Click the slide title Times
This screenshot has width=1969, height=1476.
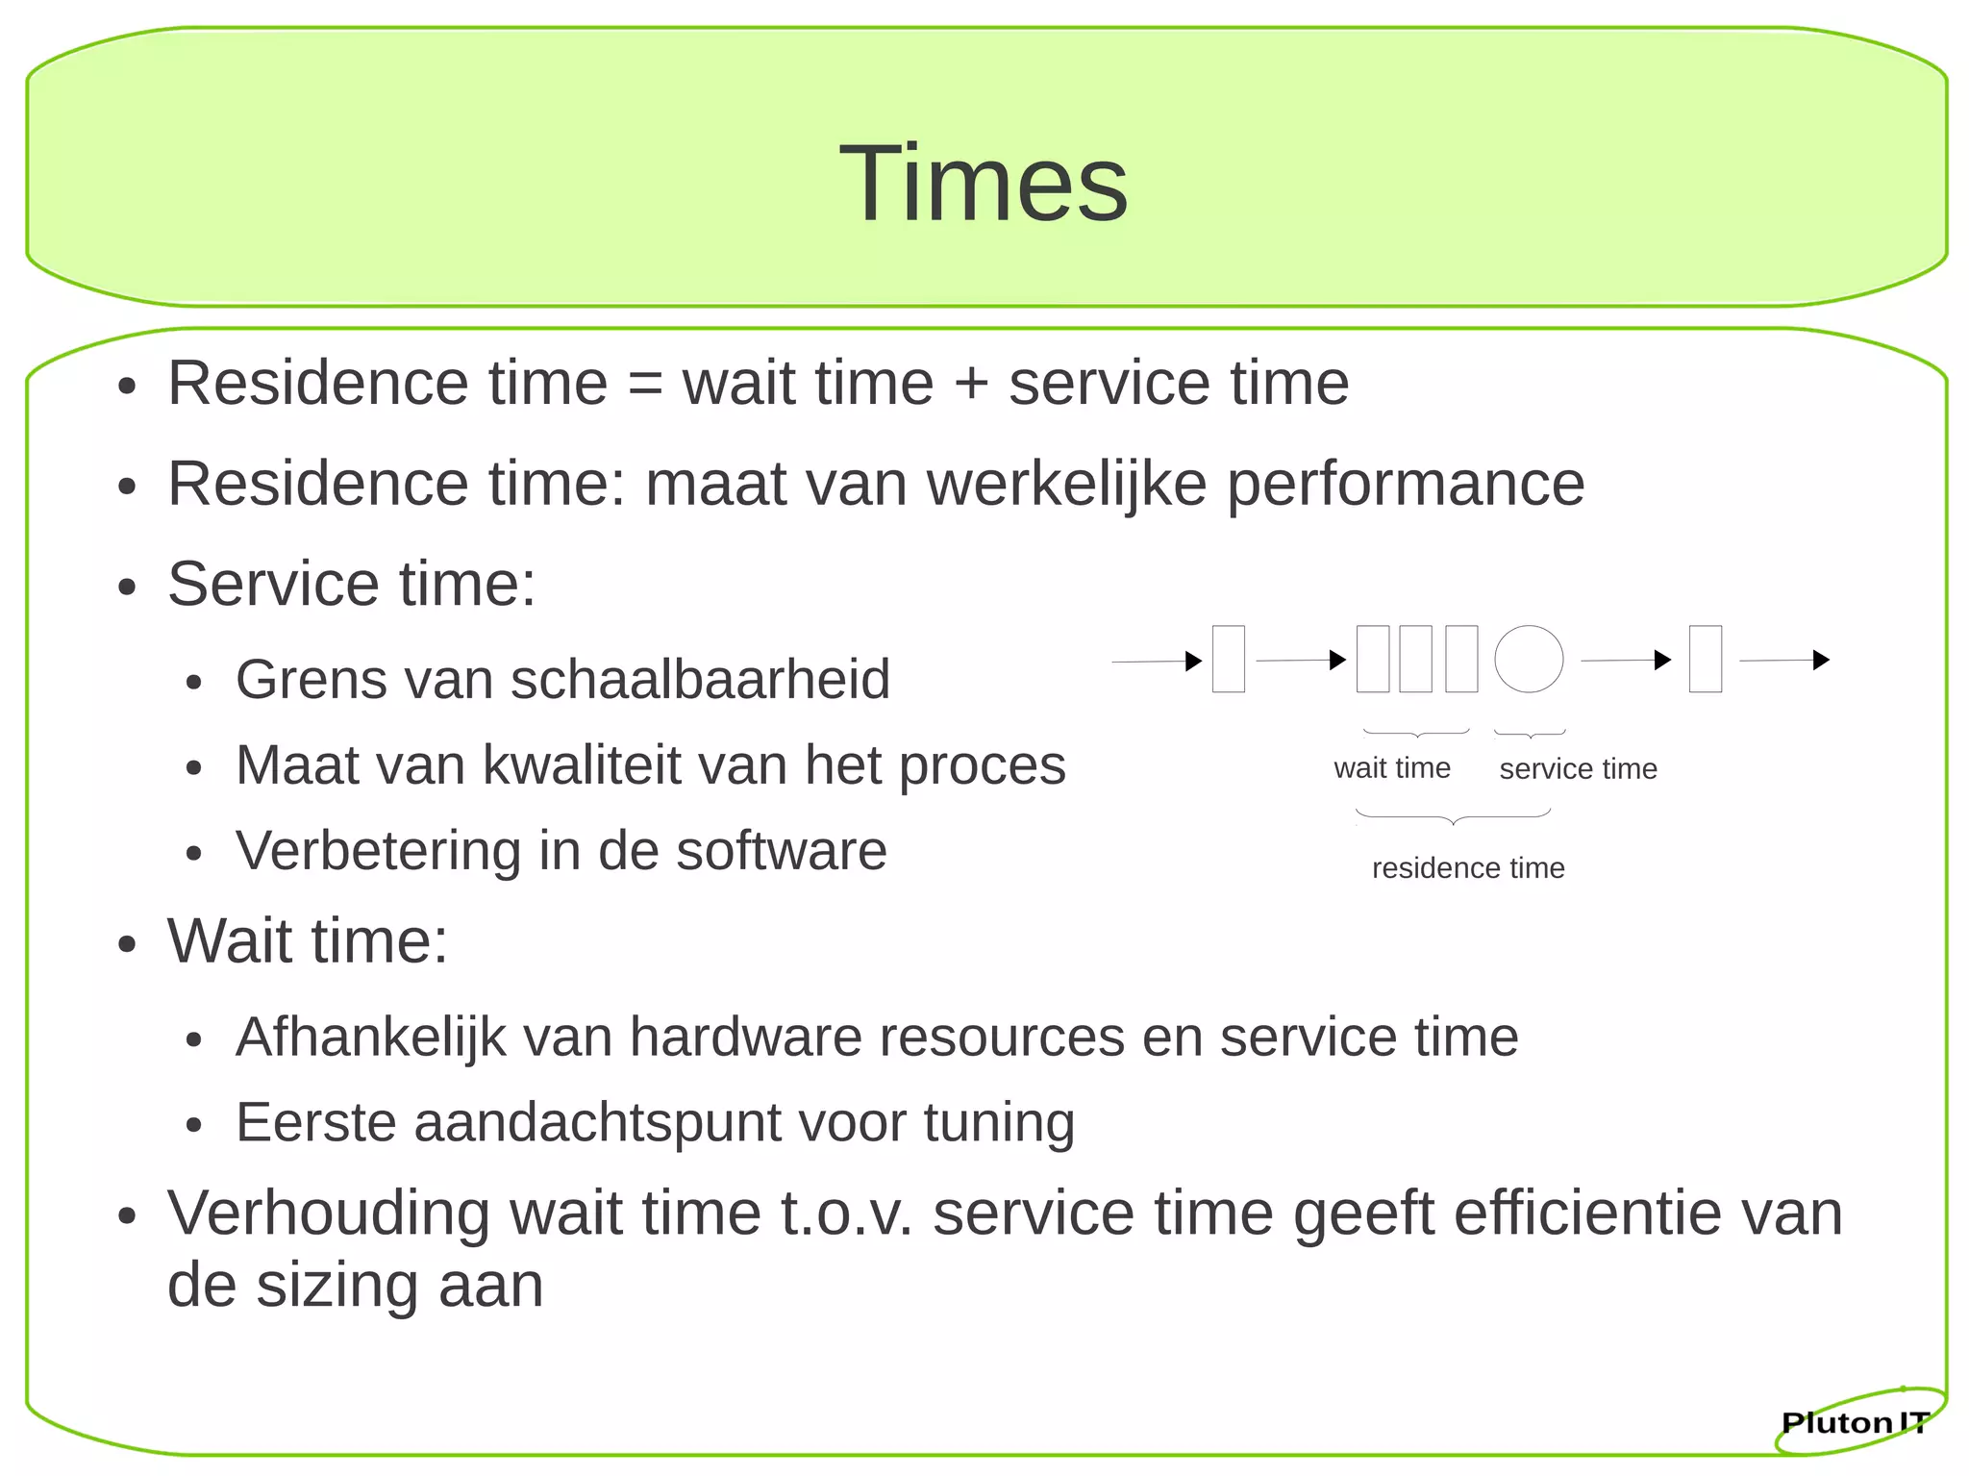pyautogui.click(x=984, y=183)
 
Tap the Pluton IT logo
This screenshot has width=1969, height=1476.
pyautogui.click(x=1855, y=1422)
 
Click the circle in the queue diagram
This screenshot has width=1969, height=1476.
pyautogui.click(x=1529, y=660)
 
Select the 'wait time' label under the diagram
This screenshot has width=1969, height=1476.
pyautogui.click(x=1392, y=768)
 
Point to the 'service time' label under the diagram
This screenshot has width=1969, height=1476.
pyautogui.click(x=1578, y=769)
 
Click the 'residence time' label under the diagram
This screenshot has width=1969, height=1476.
pyautogui.click(x=1468, y=868)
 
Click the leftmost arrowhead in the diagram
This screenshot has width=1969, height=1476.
pyautogui.click(x=1194, y=661)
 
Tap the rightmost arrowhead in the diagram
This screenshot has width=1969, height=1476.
pyautogui.click(x=1821, y=660)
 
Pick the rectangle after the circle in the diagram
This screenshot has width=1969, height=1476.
pyautogui.click(x=1706, y=660)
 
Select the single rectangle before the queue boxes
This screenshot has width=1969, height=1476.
pyautogui.click(x=1229, y=660)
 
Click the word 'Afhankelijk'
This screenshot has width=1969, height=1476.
pyautogui.click(x=371, y=1038)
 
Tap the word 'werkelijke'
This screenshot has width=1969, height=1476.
pyautogui.click(x=1066, y=483)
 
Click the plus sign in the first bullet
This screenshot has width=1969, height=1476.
pyautogui.click(x=971, y=384)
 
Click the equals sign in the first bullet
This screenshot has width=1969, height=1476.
pyautogui.click(x=645, y=384)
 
